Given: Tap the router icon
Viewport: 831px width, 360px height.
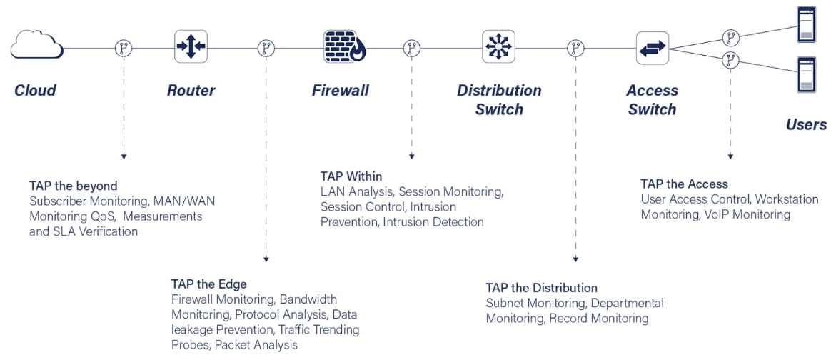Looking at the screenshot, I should click(x=191, y=46).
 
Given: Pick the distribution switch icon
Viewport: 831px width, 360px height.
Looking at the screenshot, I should click(x=498, y=46).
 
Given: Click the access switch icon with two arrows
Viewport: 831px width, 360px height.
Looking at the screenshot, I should click(x=652, y=48).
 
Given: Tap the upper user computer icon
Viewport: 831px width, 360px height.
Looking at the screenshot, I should click(x=807, y=23).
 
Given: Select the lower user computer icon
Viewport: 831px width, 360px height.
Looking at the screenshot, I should click(x=807, y=74).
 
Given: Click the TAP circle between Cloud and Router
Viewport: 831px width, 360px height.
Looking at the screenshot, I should click(x=124, y=48).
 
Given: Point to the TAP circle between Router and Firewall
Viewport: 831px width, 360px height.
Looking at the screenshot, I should click(x=266, y=48).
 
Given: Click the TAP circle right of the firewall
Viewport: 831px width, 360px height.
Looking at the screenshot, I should click(x=411, y=48).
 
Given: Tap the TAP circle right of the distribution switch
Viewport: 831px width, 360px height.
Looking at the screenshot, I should click(x=575, y=48).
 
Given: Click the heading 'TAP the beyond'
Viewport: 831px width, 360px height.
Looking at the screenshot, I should click(x=74, y=186).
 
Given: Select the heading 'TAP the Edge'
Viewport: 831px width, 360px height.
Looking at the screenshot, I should click(x=209, y=284).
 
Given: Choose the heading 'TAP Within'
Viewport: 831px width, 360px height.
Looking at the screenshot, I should click(x=351, y=176).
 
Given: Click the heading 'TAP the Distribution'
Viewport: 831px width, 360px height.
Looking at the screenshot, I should click(x=541, y=288).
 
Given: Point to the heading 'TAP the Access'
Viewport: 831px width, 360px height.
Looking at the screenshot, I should click(x=684, y=184).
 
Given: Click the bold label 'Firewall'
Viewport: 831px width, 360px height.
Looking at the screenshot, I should click(x=341, y=91).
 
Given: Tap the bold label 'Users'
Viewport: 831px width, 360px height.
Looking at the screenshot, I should click(x=806, y=125).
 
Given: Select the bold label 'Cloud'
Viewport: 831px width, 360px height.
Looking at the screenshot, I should click(x=35, y=91).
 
